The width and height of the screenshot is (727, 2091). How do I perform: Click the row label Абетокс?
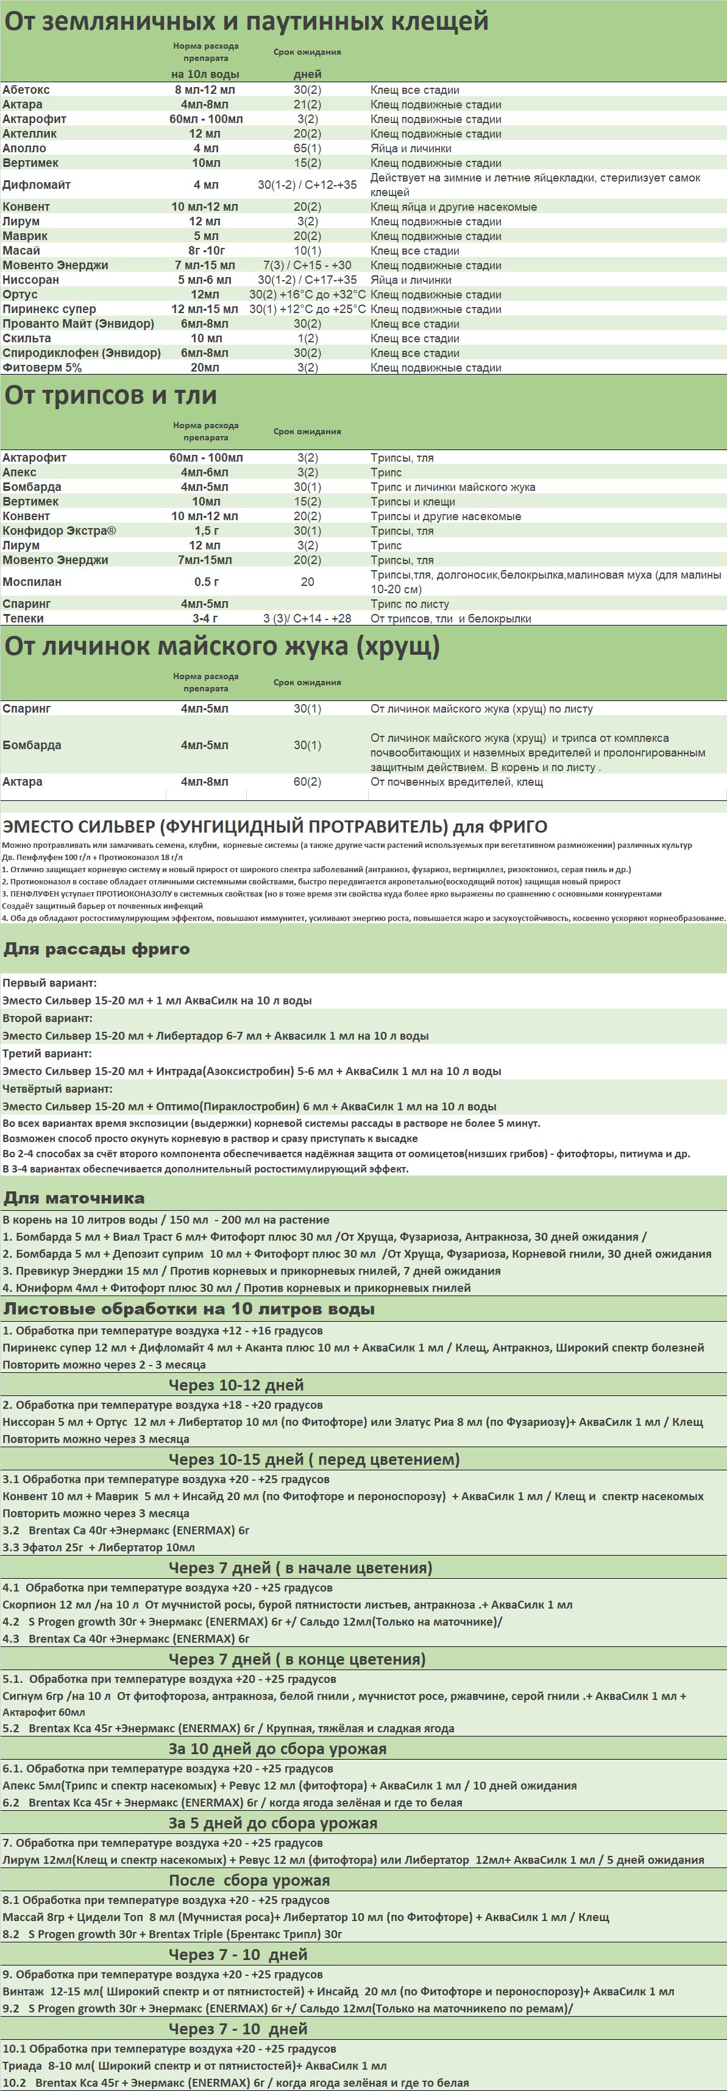point(26,90)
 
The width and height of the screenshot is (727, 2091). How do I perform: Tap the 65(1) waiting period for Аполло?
point(307,149)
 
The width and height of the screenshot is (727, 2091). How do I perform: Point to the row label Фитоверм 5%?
point(42,368)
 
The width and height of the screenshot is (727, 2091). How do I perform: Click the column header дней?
point(307,74)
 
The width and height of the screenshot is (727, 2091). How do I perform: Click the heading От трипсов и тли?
point(110,395)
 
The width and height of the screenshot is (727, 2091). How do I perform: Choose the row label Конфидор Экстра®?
point(59,531)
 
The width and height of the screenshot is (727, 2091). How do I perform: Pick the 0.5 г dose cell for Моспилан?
point(207,582)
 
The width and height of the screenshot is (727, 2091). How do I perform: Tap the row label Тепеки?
point(24,619)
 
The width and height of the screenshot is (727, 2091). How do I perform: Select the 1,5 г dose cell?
point(207,531)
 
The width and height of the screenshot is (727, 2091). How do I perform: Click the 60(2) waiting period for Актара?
point(307,781)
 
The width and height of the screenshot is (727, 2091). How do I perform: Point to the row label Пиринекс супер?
point(49,309)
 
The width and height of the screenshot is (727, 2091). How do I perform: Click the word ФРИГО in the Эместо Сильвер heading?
point(517,827)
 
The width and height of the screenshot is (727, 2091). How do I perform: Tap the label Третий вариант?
point(47,1054)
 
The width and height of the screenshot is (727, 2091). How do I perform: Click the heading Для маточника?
point(74,1198)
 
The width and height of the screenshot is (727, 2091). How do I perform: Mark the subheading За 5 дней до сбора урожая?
point(273,1823)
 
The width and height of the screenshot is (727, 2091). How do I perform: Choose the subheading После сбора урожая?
point(249,1881)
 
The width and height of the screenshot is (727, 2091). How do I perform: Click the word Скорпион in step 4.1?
point(29,1605)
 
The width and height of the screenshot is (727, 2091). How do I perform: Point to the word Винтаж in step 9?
point(24,1991)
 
